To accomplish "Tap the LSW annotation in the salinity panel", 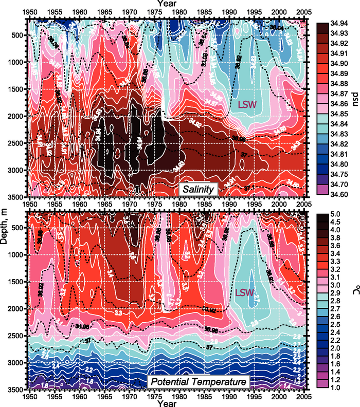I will click(x=248, y=104).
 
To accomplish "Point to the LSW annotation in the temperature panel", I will click(x=245, y=292).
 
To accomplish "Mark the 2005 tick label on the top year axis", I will click(x=303, y=11).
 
